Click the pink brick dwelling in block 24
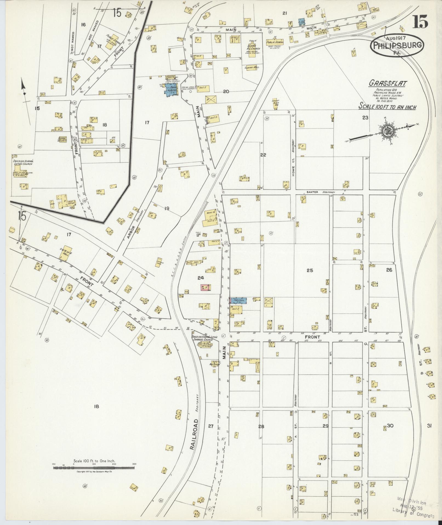click(206, 288)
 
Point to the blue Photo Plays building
click(238, 300)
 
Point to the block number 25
click(310, 270)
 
